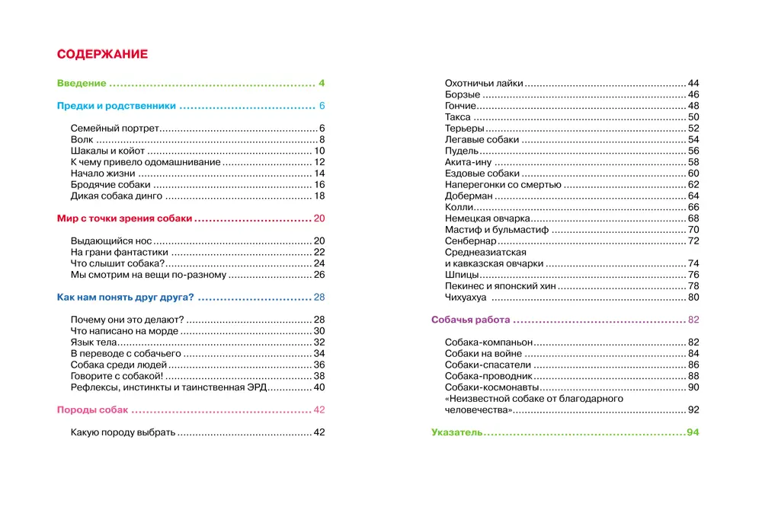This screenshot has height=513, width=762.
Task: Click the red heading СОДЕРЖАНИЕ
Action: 102,55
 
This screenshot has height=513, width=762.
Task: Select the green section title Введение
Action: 82,83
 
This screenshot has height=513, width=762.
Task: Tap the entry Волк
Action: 81,140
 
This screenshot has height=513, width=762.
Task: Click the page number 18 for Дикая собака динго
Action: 320,196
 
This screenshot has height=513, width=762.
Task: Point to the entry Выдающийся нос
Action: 105,241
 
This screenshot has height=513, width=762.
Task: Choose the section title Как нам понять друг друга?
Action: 126,297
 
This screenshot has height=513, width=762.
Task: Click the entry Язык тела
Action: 93,343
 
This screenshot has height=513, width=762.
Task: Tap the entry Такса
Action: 457,117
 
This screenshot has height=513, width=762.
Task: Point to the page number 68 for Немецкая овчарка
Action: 693,218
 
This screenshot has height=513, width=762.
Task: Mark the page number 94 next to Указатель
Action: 692,433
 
